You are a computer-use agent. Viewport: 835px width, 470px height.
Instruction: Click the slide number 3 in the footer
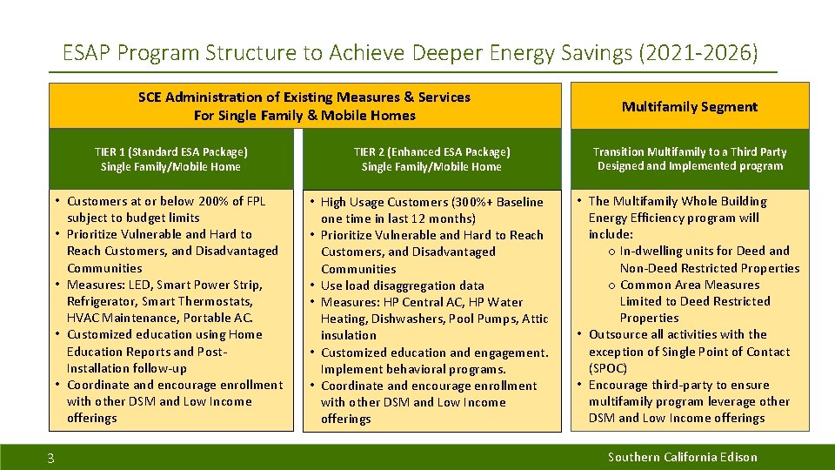point(50,459)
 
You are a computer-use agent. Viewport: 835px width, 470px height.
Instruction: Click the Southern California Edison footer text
point(682,457)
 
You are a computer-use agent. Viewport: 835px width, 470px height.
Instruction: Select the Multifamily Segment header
point(689,107)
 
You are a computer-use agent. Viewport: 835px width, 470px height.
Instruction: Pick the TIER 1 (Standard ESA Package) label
point(170,151)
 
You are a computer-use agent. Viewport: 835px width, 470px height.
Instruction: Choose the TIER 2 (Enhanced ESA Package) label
point(431,151)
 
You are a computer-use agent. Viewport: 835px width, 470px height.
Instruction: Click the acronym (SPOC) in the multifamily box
point(608,368)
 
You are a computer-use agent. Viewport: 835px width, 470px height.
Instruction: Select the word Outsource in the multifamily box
point(619,334)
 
